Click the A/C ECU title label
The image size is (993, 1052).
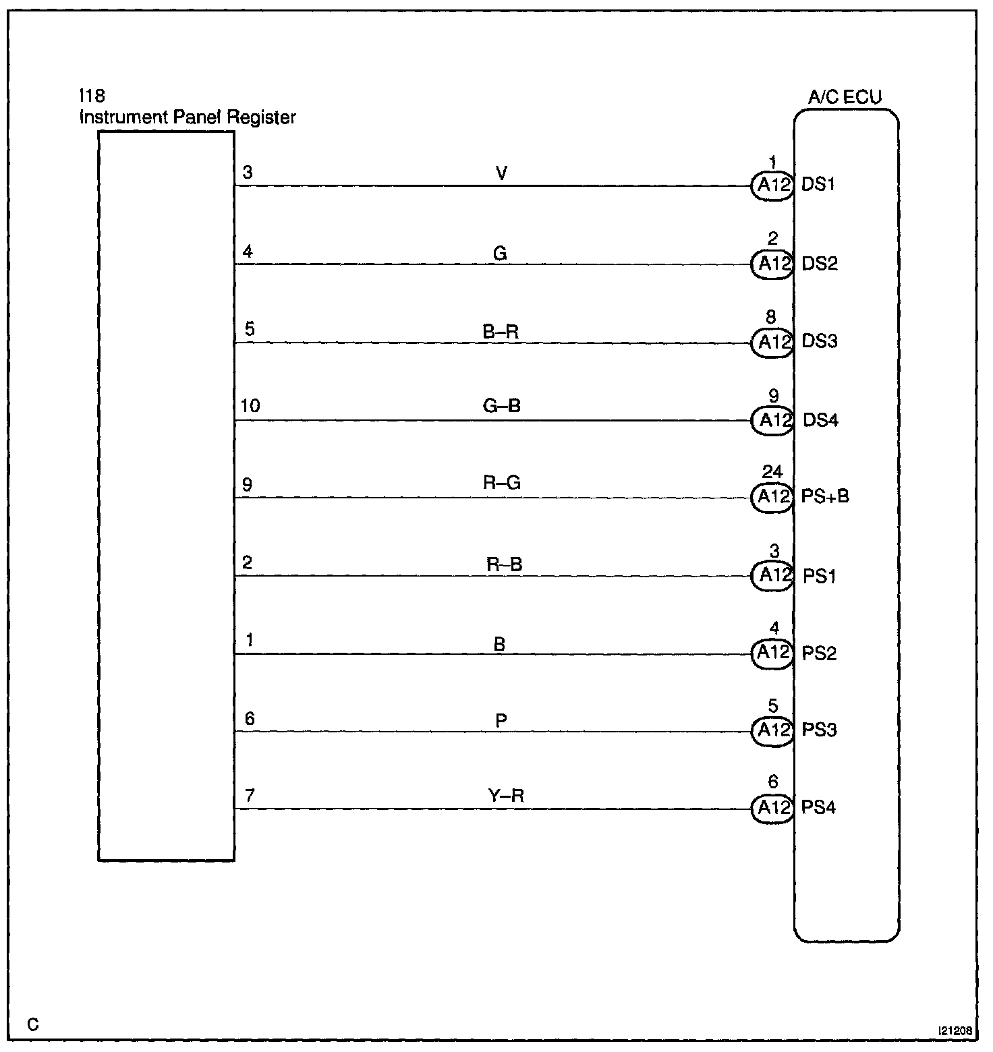845,98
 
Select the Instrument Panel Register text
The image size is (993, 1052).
188,117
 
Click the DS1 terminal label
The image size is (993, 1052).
818,185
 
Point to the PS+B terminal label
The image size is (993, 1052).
825,497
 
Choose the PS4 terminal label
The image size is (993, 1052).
818,807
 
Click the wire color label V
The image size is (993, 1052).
501,174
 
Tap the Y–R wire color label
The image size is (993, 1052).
506,796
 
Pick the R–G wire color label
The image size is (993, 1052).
503,483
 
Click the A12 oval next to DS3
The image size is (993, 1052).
772,343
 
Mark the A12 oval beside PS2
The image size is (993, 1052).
772,653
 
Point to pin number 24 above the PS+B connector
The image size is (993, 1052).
772,471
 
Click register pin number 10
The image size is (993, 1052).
250,406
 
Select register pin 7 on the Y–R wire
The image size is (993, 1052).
250,796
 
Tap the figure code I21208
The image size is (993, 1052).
954,1032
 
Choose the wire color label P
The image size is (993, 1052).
501,721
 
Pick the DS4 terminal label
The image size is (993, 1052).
820,420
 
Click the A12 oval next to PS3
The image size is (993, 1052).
772,730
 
